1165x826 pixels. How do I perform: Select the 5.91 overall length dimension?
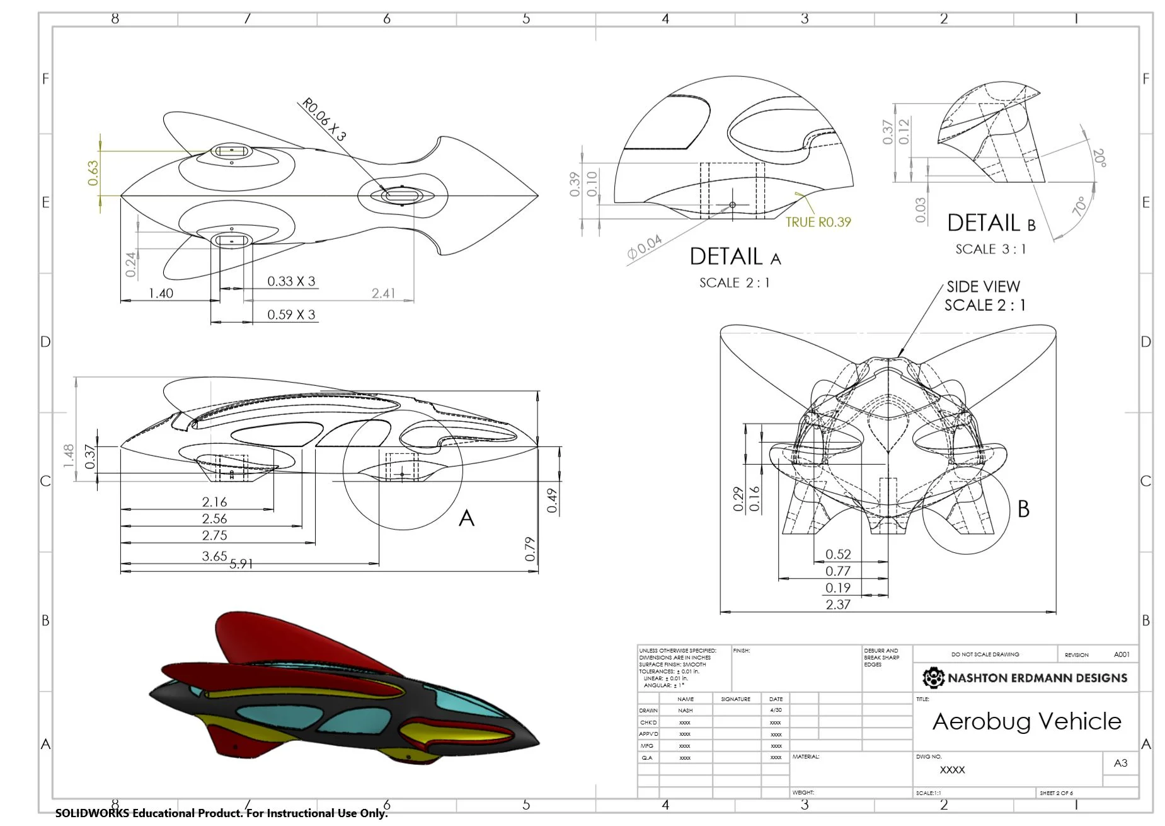tap(241, 564)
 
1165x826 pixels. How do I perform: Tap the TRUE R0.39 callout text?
tap(818, 222)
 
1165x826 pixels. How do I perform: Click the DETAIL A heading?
tap(735, 257)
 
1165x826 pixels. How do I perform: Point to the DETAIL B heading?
tap(991, 223)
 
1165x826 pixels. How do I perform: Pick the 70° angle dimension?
tap(1079, 206)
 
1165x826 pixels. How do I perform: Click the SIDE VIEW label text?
tap(983, 287)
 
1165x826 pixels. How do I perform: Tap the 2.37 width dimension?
tap(838, 605)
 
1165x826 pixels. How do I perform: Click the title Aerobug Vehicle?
tap(1026, 721)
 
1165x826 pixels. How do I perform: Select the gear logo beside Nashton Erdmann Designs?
tap(933, 678)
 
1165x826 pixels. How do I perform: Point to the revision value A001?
tap(1122, 654)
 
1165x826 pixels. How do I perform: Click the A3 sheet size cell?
tap(1120, 763)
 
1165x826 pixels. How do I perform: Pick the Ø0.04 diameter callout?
tap(645, 247)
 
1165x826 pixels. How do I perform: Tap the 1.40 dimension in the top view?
tap(161, 293)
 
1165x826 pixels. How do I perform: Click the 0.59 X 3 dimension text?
tap(291, 315)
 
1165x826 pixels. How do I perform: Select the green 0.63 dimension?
tap(93, 173)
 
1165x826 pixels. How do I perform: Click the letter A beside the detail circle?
tap(466, 518)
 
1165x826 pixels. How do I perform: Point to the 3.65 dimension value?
tap(214, 556)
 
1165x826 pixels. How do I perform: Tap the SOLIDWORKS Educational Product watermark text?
tap(221, 813)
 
